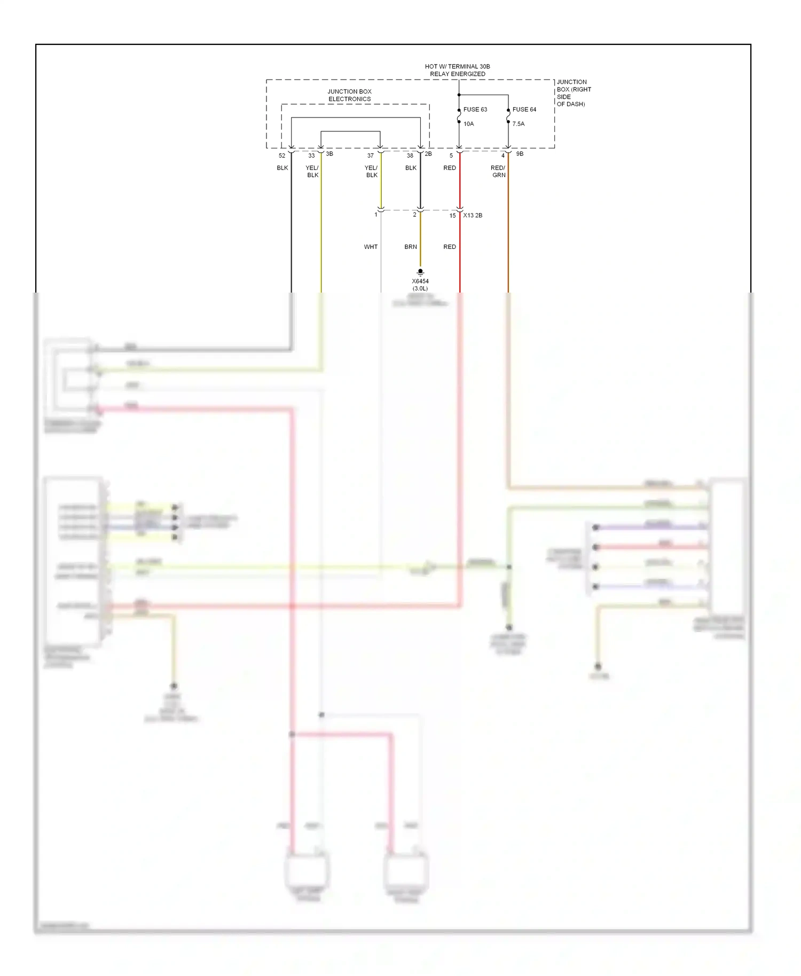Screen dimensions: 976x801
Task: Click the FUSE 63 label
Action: [x=475, y=109]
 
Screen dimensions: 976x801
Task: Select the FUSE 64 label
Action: [x=524, y=109]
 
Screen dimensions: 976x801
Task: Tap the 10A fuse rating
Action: [x=468, y=124]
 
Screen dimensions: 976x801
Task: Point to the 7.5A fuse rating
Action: [x=518, y=124]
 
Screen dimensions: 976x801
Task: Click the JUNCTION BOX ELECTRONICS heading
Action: [x=349, y=96]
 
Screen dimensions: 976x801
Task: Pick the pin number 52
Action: [x=282, y=156]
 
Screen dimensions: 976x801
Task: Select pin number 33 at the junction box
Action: [x=311, y=156]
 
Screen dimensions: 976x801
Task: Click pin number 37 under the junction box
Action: [x=370, y=156]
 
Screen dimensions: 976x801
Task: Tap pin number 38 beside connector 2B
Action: [x=410, y=156]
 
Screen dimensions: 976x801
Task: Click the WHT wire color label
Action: [x=371, y=247]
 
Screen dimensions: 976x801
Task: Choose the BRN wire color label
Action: [x=411, y=247]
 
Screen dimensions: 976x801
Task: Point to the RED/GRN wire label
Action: [x=498, y=171]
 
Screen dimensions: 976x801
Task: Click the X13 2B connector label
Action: [x=473, y=216]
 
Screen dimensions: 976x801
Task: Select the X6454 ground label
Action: [x=420, y=281]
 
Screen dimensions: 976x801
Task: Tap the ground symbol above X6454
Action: [x=420, y=272]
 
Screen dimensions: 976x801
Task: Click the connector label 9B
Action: [x=520, y=154]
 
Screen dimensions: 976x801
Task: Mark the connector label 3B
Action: [x=329, y=154]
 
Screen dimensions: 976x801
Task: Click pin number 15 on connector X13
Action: [x=452, y=216]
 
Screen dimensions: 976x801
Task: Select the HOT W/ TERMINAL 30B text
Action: [x=457, y=67]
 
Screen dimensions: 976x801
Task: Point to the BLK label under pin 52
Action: [x=282, y=168]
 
